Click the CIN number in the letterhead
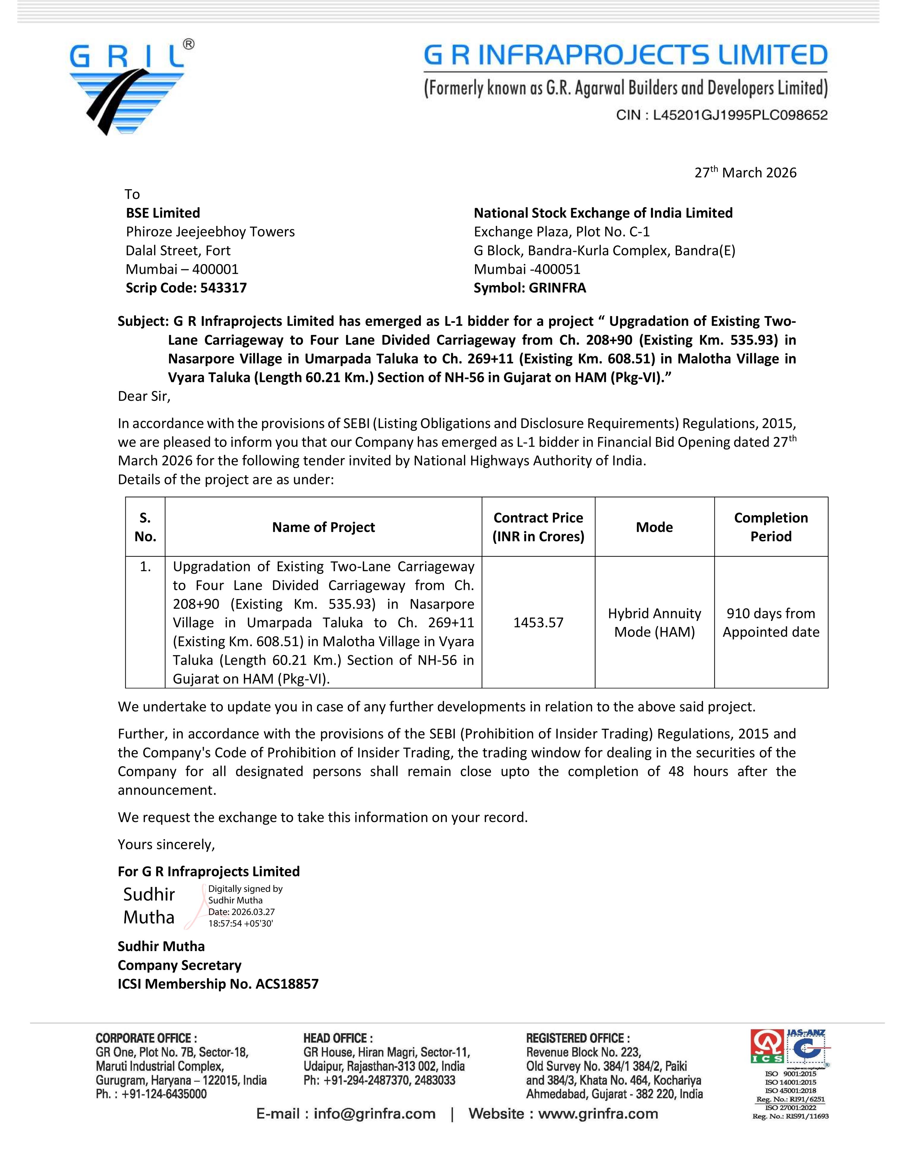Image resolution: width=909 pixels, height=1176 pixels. coord(722,115)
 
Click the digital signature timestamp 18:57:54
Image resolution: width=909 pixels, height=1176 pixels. coord(241,924)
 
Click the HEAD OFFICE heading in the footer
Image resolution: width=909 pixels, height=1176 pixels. coord(338,1038)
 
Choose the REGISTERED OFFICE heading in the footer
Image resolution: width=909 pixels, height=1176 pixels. coord(578,1038)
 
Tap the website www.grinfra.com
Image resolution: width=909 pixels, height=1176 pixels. coord(598,1114)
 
